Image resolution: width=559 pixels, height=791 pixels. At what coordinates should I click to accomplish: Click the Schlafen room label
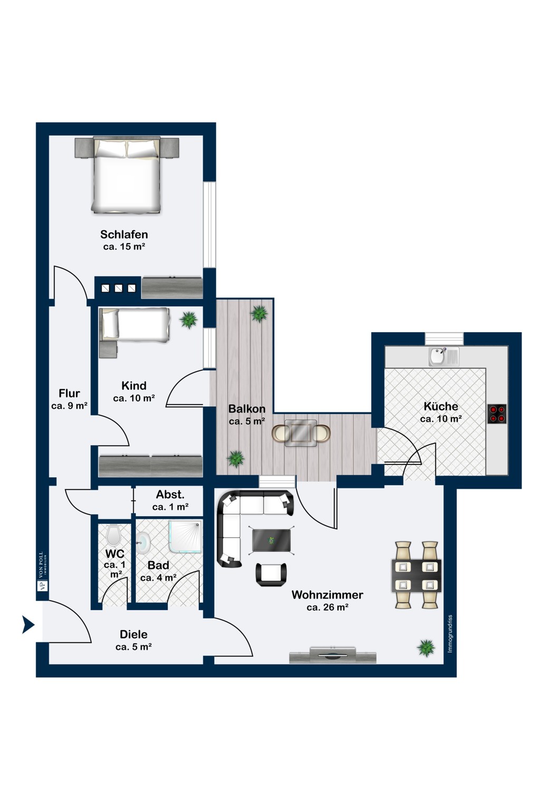click(124, 234)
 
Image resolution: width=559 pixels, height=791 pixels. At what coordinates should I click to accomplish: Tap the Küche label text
click(441, 406)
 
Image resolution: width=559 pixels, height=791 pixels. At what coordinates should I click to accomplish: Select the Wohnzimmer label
click(327, 595)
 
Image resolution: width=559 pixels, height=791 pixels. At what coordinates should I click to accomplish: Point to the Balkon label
click(247, 409)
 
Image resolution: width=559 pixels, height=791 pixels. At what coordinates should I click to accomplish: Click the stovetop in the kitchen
click(497, 414)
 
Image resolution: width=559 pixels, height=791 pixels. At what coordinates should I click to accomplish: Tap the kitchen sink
click(444, 356)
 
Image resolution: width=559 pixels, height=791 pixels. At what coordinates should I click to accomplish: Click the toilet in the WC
click(113, 535)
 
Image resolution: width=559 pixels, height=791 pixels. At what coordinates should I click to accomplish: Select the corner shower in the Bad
click(186, 536)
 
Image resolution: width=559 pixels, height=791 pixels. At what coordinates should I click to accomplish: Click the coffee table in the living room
click(272, 541)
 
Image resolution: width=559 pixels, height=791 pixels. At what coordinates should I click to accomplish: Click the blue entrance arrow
click(28, 625)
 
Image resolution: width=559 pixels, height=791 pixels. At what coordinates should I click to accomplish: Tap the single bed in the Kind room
click(134, 325)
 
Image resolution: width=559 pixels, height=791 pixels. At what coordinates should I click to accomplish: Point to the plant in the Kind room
click(188, 320)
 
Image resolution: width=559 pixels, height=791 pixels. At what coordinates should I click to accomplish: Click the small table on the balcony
click(301, 433)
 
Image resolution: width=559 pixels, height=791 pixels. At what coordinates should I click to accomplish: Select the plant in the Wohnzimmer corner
click(426, 648)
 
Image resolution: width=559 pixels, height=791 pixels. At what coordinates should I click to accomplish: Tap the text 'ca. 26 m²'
click(327, 607)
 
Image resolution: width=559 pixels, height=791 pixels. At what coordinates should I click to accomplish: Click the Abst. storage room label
click(170, 495)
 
